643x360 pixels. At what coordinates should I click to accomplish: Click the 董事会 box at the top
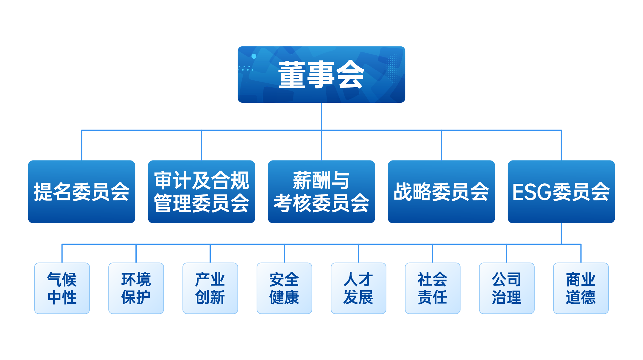click(x=321, y=74)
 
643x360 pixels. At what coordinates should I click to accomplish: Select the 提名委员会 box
click(x=82, y=192)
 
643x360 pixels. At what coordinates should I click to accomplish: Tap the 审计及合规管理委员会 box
click(x=202, y=192)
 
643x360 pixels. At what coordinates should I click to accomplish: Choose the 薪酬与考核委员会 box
click(x=321, y=192)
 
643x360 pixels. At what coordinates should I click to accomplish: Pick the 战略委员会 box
click(x=441, y=192)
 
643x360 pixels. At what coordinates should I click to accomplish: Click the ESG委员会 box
click(x=561, y=192)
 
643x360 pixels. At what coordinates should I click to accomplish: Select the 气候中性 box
click(x=62, y=288)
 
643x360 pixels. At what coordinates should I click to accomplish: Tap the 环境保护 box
click(x=136, y=288)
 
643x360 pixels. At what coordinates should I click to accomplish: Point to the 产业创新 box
click(x=210, y=288)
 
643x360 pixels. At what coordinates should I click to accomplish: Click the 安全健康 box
click(x=284, y=288)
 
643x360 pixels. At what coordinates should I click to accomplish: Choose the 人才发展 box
click(x=358, y=288)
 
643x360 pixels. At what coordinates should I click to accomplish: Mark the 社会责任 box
click(x=433, y=288)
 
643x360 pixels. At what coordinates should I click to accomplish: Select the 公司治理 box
click(x=507, y=288)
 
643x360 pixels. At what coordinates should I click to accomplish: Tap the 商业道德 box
click(x=581, y=288)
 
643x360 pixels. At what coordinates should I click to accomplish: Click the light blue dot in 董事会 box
click(x=254, y=56)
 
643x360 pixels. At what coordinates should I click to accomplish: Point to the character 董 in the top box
click(x=292, y=75)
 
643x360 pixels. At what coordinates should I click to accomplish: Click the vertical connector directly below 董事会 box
click(x=321, y=116)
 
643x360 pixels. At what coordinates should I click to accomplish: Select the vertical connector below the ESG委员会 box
click(x=561, y=233)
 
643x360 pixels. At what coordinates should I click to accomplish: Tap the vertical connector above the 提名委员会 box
click(x=82, y=145)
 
